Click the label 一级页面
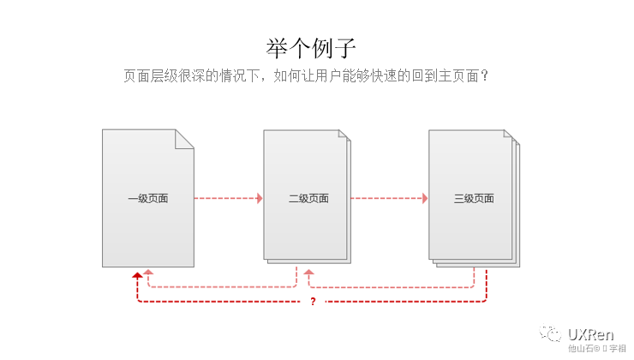(148, 199)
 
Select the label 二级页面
(308, 199)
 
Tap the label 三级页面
(474, 199)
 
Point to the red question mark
(313, 302)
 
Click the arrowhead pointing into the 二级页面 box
(259, 199)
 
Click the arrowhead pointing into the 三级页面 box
(424, 199)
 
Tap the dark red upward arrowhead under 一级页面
(137, 275)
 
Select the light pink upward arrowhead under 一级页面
(148, 273)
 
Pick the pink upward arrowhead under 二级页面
(309, 273)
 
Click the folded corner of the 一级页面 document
(185, 139)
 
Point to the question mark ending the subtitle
(484, 75)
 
